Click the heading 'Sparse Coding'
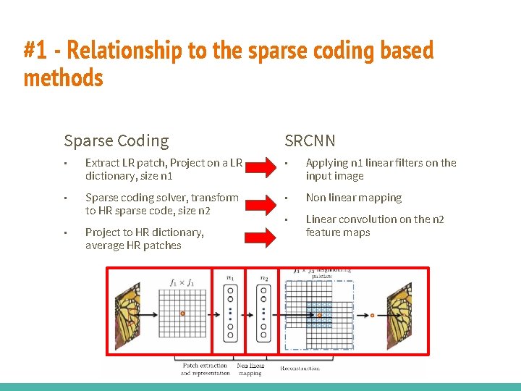tap(116, 140)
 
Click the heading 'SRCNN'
tap(310, 140)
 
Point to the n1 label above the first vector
tap(230, 277)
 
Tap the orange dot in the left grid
tap(182, 314)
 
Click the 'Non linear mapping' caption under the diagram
tap(250, 369)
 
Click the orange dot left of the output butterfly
tap(372, 315)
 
